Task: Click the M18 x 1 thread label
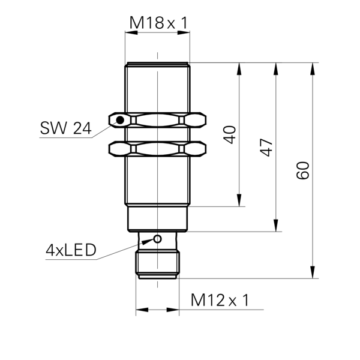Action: [159, 23]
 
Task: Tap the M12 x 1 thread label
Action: [220, 300]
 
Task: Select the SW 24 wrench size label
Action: [65, 128]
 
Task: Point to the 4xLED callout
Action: [71, 251]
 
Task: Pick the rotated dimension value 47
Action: [266, 146]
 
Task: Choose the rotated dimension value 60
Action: [302, 170]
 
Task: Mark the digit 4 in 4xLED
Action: [50, 251]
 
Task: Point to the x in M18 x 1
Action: [170, 25]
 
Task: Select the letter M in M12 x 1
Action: [198, 300]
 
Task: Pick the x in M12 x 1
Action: [232, 301]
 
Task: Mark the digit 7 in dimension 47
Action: [266, 141]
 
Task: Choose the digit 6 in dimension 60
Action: [302, 175]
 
